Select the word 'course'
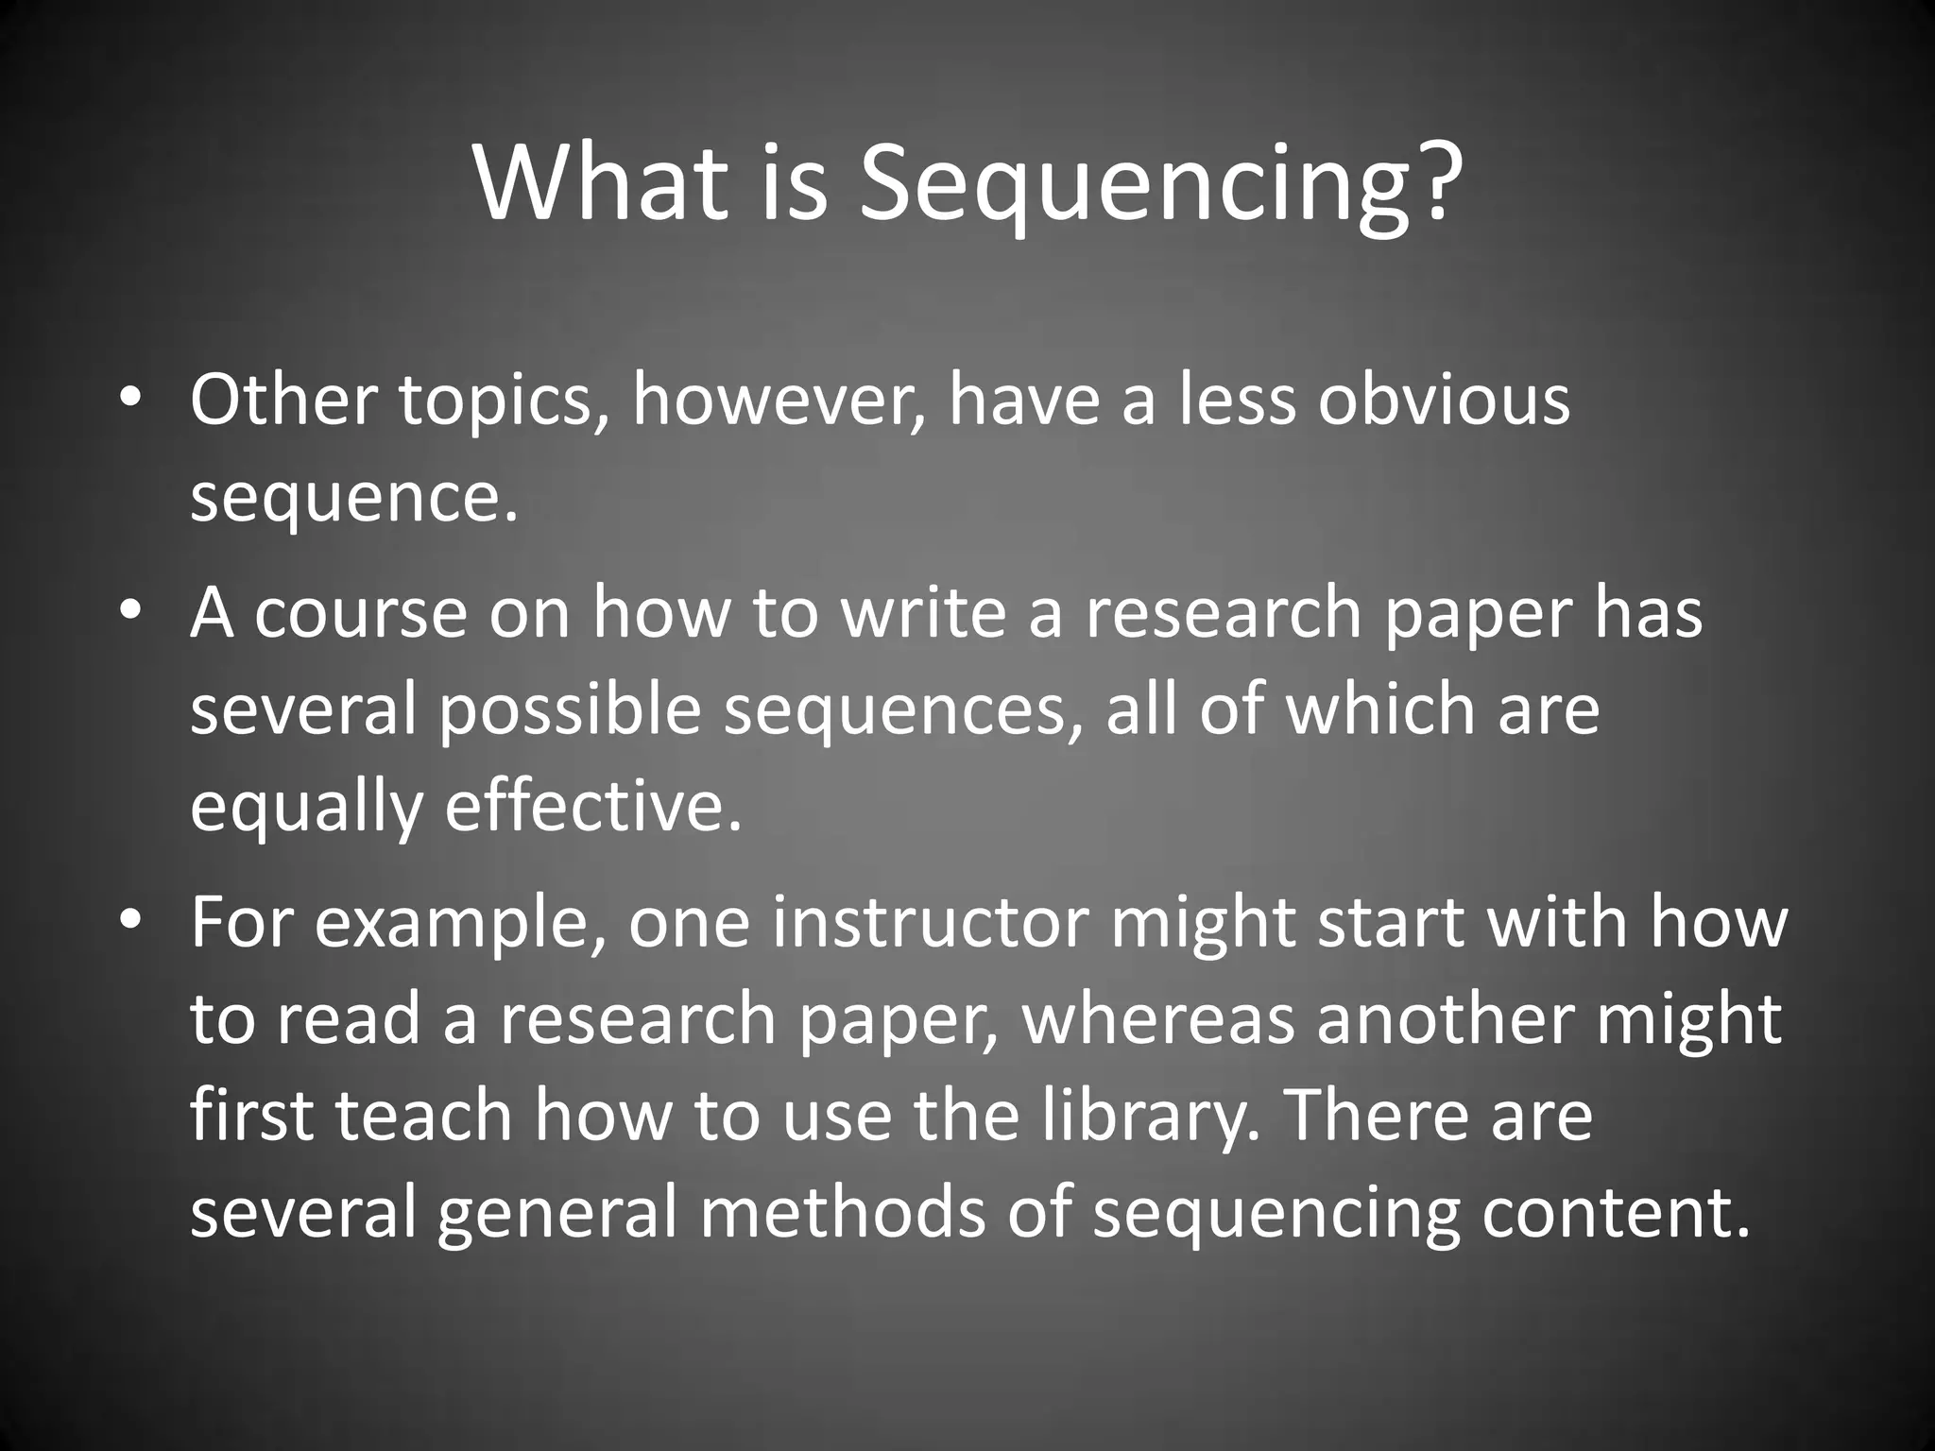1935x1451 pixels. [360, 615]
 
